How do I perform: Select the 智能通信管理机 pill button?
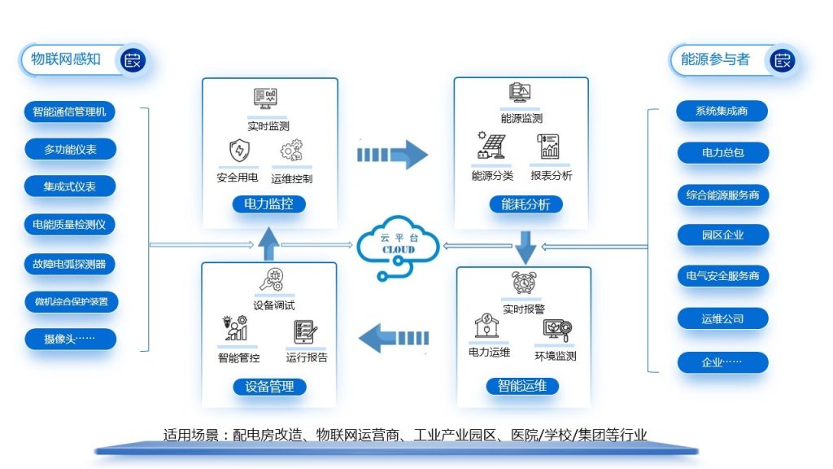click(x=69, y=112)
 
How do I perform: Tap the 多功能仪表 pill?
click(x=69, y=149)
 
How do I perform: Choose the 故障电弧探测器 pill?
click(x=69, y=263)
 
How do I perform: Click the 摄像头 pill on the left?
click(x=69, y=339)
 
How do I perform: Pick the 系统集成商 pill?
click(x=722, y=111)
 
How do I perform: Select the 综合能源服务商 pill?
click(x=722, y=195)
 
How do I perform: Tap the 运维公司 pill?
click(x=722, y=319)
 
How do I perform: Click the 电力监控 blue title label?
click(x=269, y=204)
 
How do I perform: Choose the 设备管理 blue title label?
click(x=269, y=386)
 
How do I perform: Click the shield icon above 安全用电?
click(x=239, y=151)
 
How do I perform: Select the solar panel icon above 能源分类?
click(x=491, y=147)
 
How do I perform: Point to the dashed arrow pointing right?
click(x=392, y=153)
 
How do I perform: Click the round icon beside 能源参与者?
click(x=783, y=59)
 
